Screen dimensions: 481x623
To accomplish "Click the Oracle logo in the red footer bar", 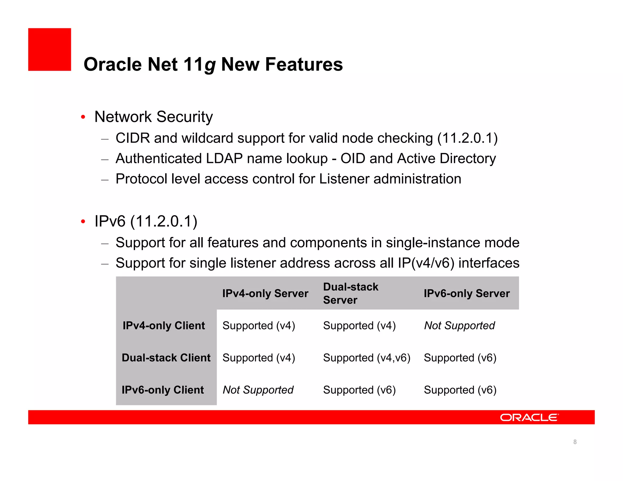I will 529,417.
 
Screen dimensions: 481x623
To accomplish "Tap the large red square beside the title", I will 50,50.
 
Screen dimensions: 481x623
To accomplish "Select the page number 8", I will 575,442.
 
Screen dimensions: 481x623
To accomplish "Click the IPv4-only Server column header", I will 265,293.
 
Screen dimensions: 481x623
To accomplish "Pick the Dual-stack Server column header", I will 350,293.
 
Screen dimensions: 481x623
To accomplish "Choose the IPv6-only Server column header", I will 467,293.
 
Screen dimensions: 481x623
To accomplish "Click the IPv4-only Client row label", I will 164,326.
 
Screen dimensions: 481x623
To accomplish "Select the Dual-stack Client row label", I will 166,358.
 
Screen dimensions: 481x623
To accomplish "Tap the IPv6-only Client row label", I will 163,390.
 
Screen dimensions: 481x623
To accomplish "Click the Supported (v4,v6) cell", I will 367,358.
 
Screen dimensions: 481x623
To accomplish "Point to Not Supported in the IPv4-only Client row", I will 459,326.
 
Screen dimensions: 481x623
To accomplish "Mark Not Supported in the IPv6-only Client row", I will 258,390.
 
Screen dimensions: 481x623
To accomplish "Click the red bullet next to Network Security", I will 83,117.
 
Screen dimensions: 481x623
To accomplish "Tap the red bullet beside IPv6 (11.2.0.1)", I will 83,222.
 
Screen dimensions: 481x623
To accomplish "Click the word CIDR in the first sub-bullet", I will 133,138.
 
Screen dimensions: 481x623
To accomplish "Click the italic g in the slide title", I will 210,65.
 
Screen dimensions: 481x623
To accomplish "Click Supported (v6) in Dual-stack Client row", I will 460,358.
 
